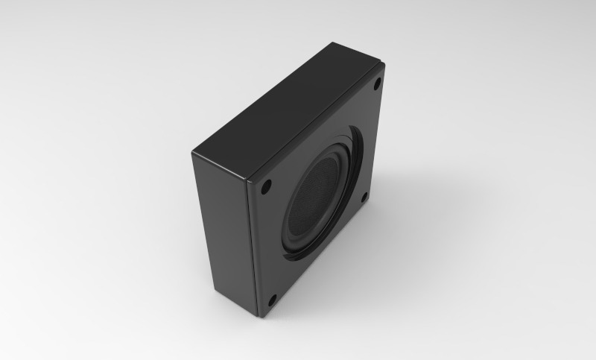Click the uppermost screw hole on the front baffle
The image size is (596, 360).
click(377, 83)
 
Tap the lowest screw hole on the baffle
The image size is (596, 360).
click(272, 300)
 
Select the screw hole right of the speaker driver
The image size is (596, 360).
click(364, 198)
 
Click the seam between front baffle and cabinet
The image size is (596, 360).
click(251, 246)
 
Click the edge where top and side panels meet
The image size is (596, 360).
click(220, 164)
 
